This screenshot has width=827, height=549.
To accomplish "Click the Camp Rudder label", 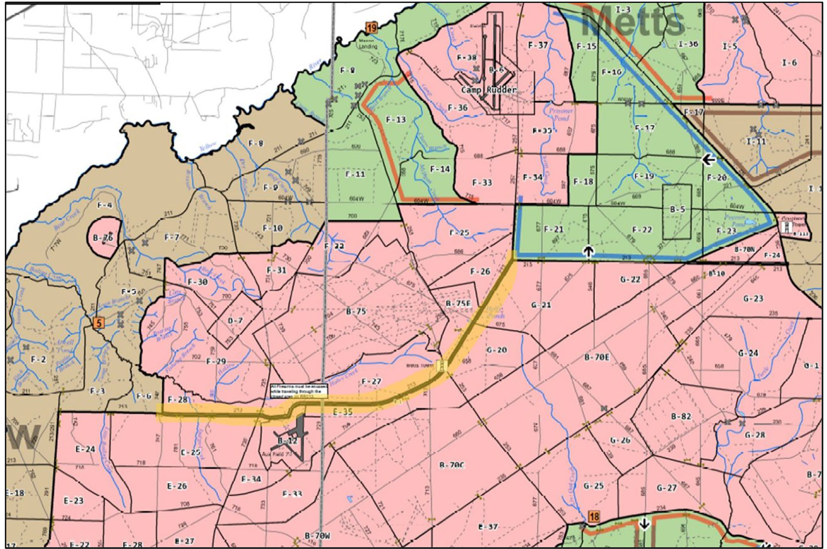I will click(488, 90).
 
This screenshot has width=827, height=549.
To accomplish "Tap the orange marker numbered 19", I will click(371, 27).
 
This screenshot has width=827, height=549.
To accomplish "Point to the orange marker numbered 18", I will click(594, 516).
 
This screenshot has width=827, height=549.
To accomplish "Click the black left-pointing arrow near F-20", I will click(709, 160).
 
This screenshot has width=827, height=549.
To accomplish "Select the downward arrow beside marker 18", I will click(644, 533).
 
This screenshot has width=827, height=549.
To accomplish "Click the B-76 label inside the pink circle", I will click(103, 238).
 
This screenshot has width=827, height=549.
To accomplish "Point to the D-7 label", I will click(235, 320).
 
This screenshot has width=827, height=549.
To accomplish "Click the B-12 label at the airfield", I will click(288, 440).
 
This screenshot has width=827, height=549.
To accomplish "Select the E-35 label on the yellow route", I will click(342, 412).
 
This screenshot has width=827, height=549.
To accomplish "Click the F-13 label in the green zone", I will click(396, 120).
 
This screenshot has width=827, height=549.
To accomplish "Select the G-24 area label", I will click(748, 353).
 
